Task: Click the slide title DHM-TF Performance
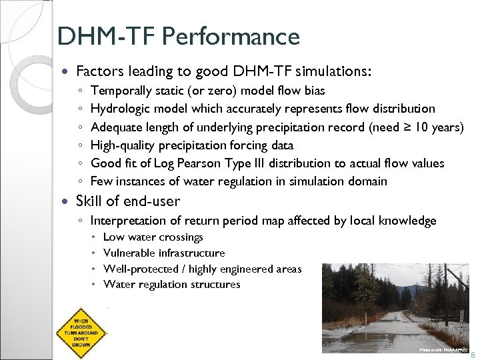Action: tap(179, 36)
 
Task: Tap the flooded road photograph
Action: tap(395, 307)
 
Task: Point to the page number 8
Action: tap(473, 356)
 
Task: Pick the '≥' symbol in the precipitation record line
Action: tap(398, 127)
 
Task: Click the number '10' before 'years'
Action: tap(417, 127)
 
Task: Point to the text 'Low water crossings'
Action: tap(153, 237)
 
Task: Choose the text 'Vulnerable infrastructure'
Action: tap(164, 253)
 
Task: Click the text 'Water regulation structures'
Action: tap(171, 285)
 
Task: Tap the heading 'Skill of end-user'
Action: tap(128, 201)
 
